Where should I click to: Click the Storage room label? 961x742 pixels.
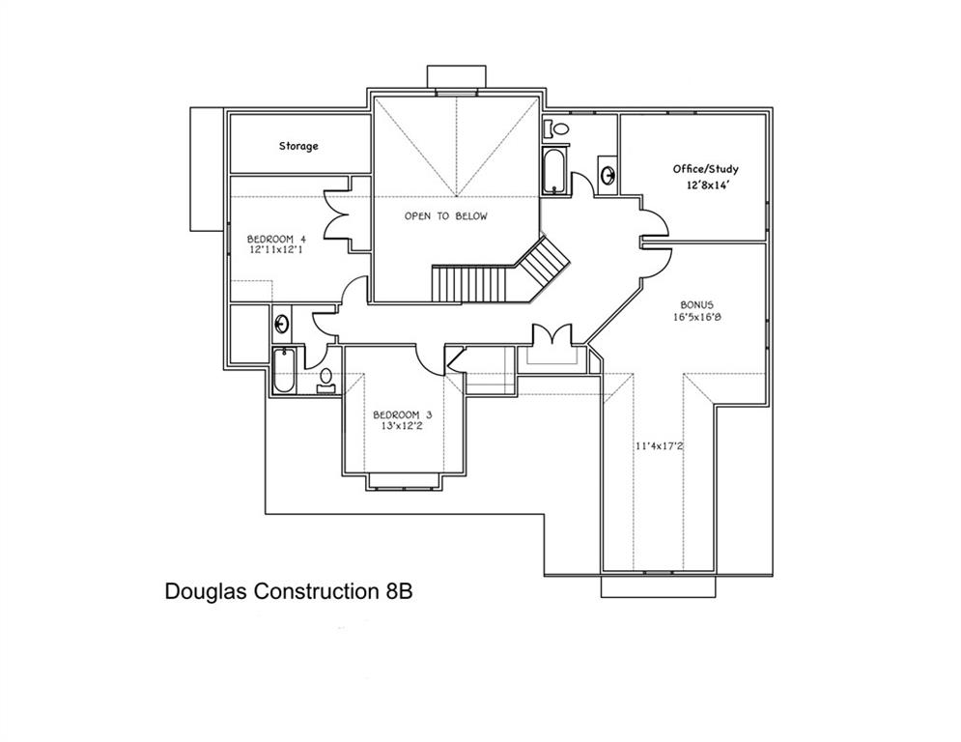298,146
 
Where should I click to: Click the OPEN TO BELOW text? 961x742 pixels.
445,216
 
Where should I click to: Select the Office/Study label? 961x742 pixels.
705,169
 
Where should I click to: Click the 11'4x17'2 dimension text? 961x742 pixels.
659,445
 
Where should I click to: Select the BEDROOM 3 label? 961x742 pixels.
403,415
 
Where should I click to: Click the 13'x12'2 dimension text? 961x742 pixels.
403,428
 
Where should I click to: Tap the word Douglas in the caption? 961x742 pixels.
206,590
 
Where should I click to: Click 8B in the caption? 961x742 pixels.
393,590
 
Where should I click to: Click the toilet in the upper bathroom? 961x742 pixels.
559,128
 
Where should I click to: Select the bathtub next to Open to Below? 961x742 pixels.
555,171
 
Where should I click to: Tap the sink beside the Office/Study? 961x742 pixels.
608,175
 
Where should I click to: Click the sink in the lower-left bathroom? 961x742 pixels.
283,323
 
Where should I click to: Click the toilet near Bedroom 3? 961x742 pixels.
326,378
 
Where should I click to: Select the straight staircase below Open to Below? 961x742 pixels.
468,284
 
